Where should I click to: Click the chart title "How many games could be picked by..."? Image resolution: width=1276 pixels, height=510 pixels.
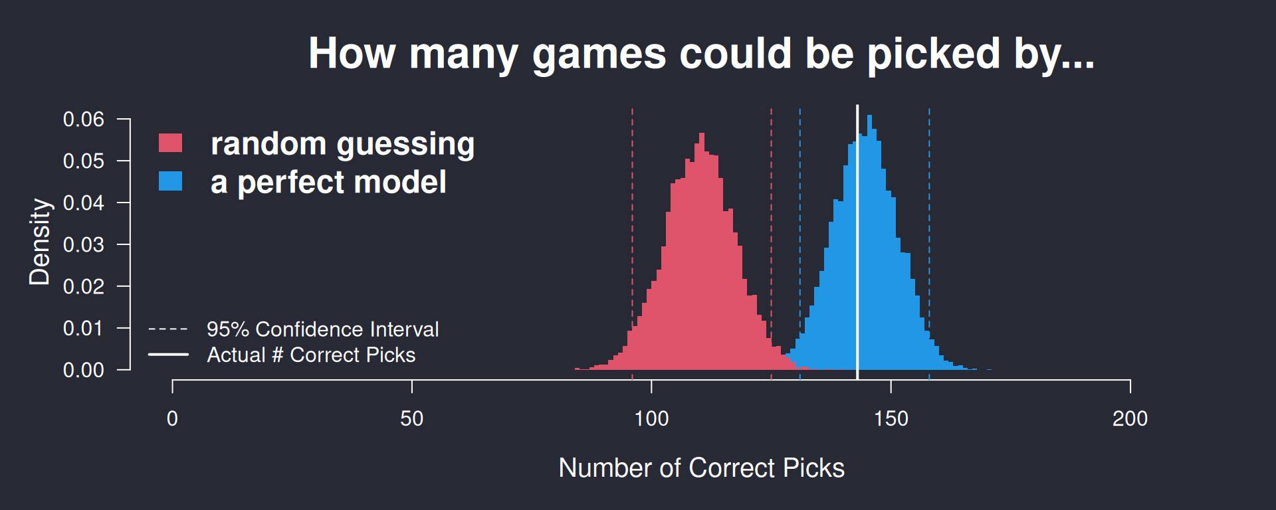pyautogui.click(x=701, y=54)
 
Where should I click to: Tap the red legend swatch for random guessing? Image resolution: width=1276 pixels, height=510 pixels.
pyautogui.click(x=170, y=143)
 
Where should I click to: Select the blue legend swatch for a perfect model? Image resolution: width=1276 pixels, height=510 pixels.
pyautogui.click(x=170, y=181)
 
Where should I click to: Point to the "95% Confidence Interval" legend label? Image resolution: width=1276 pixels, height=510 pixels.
pyautogui.click(x=322, y=329)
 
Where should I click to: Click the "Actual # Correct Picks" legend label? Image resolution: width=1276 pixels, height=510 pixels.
pyautogui.click(x=311, y=355)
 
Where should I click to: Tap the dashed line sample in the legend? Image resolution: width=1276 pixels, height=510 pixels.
pyautogui.click(x=168, y=329)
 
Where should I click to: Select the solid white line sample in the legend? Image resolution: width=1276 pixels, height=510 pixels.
pyautogui.click(x=168, y=355)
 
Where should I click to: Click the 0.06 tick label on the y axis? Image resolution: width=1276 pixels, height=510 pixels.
pyautogui.click(x=84, y=120)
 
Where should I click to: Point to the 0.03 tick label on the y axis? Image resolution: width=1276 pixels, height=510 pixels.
pyautogui.click(x=84, y=245)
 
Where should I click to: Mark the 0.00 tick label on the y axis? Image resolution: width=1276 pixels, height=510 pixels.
pyautogui.click(x=84, y=370)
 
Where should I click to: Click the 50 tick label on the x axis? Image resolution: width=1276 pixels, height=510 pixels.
pyautogui.click(x=412, y=419)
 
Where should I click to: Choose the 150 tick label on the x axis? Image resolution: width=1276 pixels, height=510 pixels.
pyautogui.click(x=891, y=419)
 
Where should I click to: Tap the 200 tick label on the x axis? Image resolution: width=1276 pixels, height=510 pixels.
pyautogui.click(x=1130, y=419)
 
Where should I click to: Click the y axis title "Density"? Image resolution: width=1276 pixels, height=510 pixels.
pyautogui.click(x=40, y=242)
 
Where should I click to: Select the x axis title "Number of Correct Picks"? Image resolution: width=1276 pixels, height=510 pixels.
pyautogui.click(x=701, y=468)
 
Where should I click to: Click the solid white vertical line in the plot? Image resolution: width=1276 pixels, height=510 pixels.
pyautogui.click(x=857, y=242)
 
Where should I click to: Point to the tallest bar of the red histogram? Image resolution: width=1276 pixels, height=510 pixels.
pyautogui.click(x=701, y=251)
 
